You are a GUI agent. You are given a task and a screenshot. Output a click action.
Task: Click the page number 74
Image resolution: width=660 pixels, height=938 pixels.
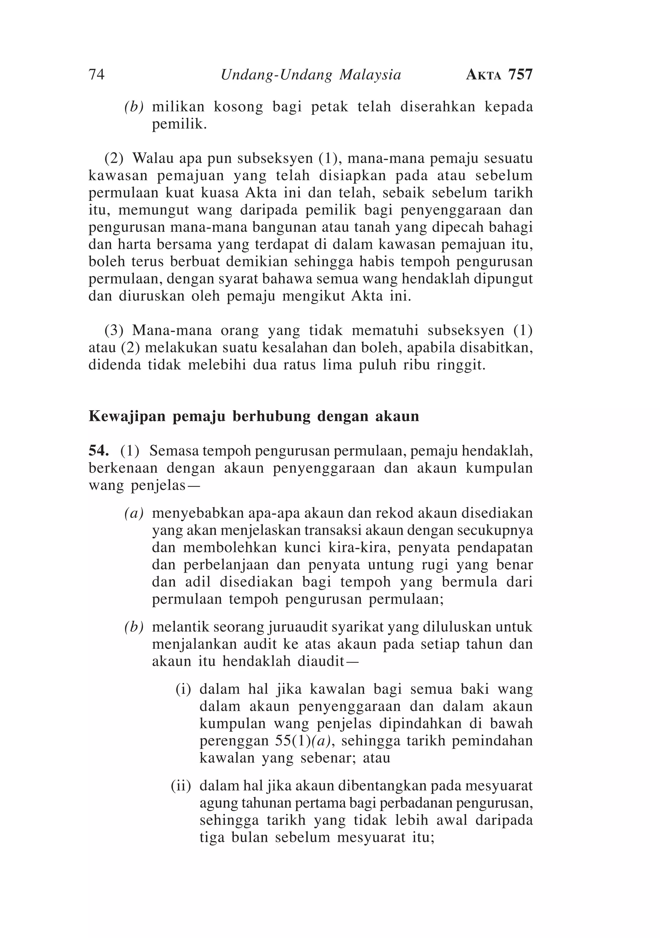[x=96, y=75]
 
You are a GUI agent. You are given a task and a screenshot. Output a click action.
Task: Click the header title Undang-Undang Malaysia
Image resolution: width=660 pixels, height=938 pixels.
[x=311, y=75]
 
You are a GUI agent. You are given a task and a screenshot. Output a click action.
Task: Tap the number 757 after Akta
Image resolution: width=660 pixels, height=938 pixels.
[x=520, y=75]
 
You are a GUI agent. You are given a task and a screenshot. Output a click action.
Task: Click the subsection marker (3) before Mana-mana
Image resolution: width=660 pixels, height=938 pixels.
[x=114, y=330]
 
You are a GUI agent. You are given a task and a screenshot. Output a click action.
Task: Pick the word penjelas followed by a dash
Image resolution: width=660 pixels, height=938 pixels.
[x=162, y=486]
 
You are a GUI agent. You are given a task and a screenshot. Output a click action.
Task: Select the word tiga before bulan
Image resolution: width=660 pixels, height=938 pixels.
[x=211, y=837]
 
